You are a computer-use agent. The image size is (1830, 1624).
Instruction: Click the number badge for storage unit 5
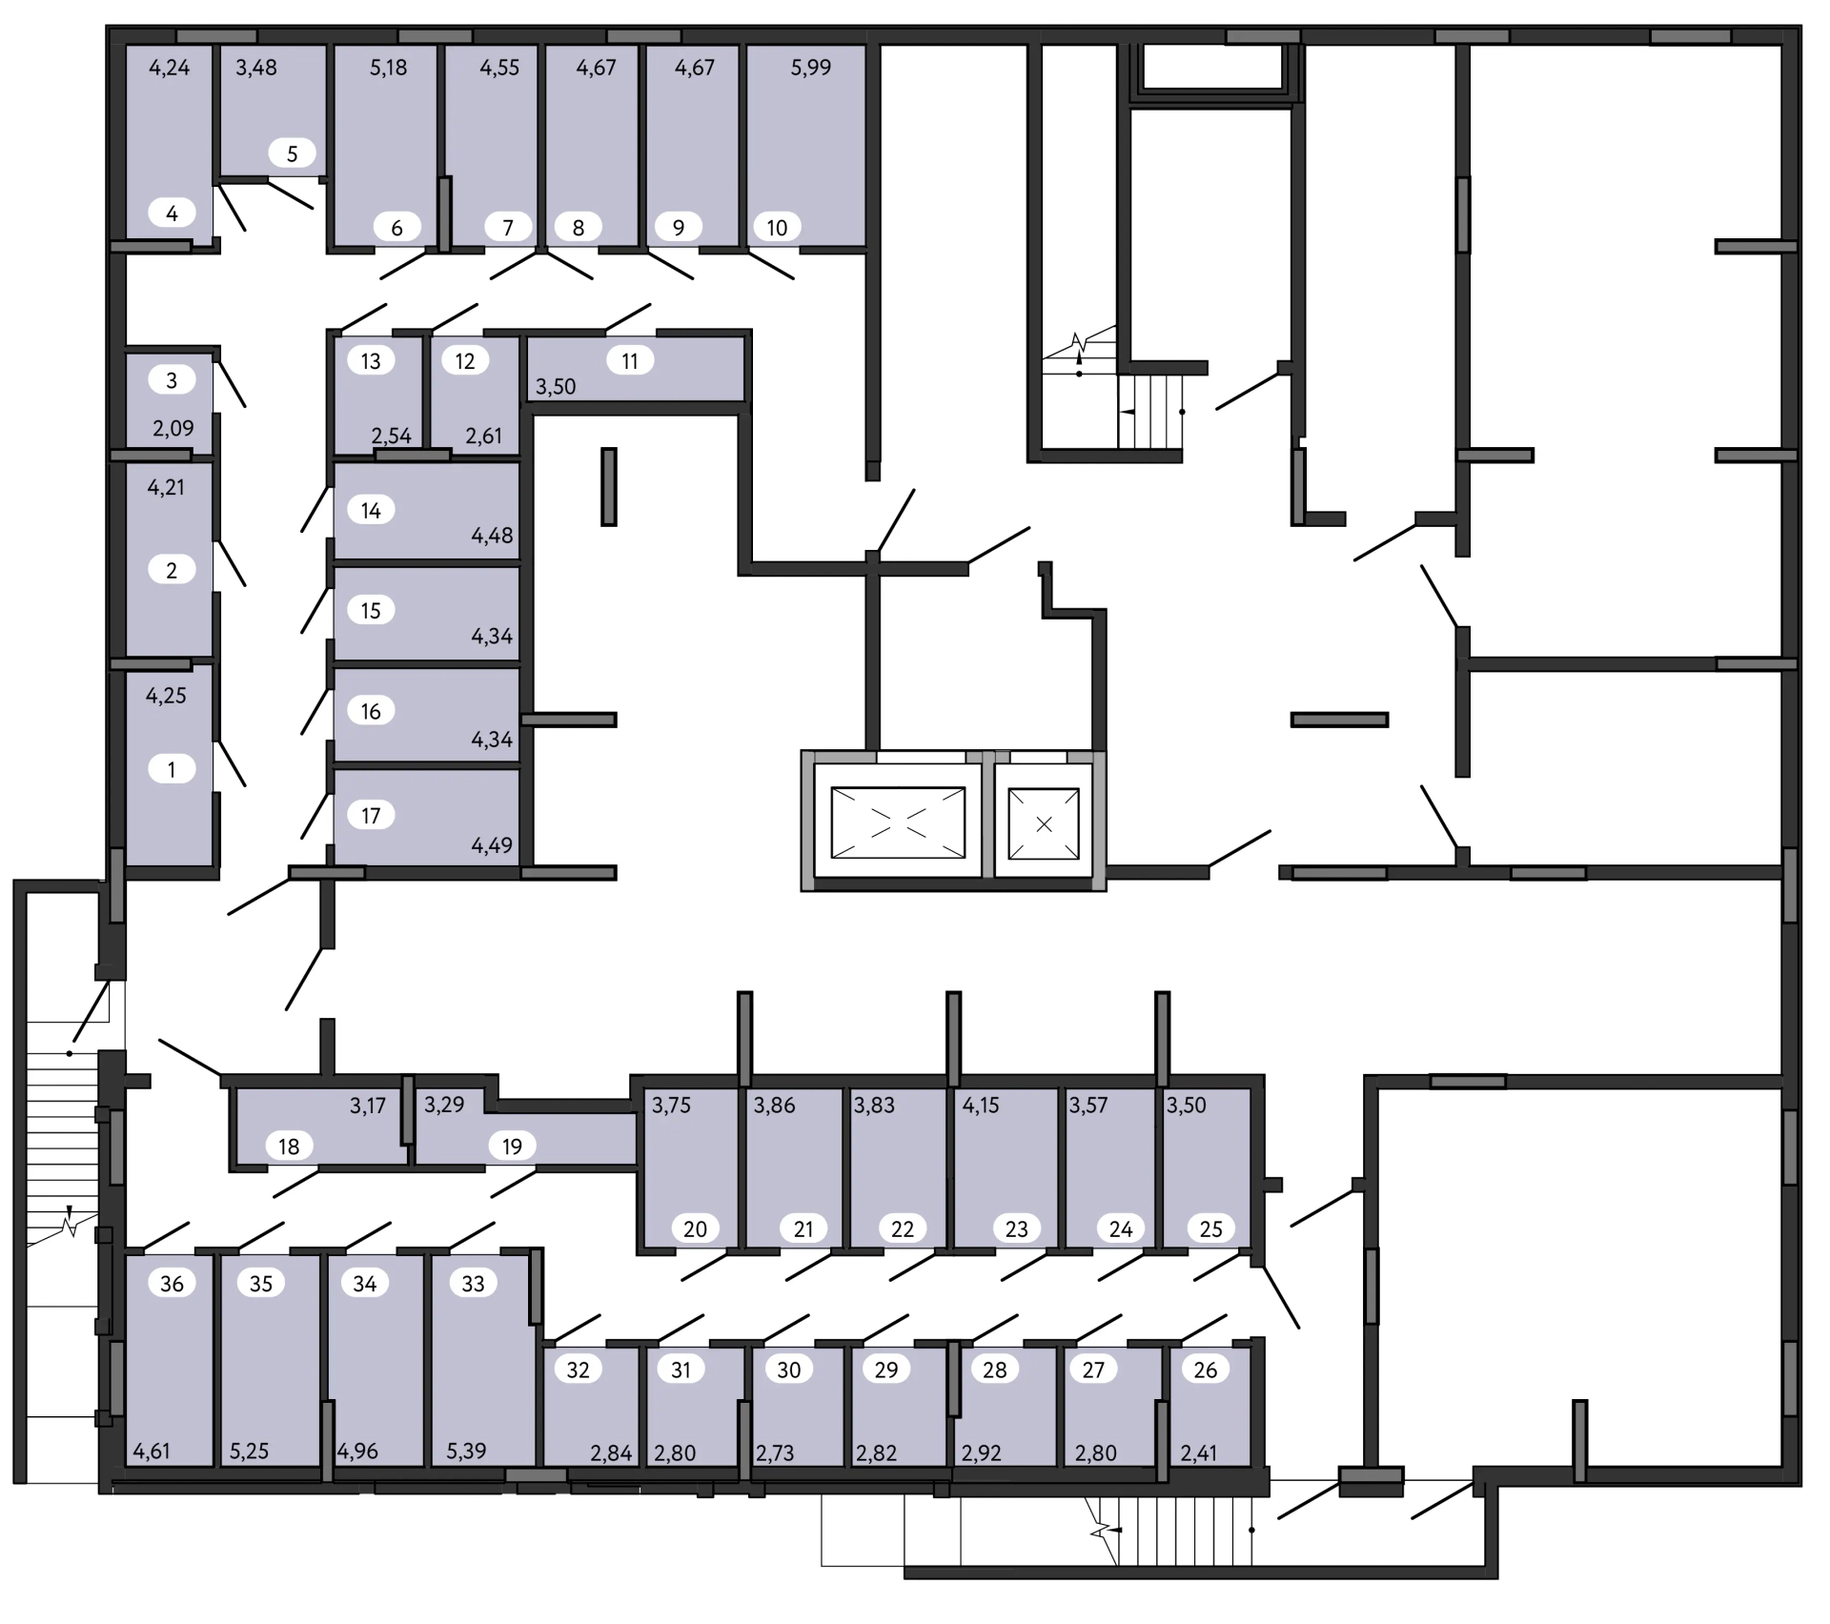pyautogui.click(x=293, y=153)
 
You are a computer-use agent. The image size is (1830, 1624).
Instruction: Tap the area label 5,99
pyautogui.click(x=811, y=68)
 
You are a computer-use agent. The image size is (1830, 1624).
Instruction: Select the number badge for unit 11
pyautogui.click(x=630, y=361)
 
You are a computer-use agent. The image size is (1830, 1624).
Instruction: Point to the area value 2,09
pyautogui.click(x=173, y=429)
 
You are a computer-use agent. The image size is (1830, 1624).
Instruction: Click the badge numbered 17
pyautogui.click(x=371, y=816)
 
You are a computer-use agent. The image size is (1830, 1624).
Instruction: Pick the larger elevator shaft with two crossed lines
pyautogui.click(x=898, y=822)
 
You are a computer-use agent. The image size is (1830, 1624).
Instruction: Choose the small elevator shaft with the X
pyautogui.click(x=1044, y=823)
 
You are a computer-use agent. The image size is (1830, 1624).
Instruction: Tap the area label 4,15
pyautogui.click(x=981, y=1106)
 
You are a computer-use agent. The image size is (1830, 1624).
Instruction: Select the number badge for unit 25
pyautogui.click(x=1211, y=1229)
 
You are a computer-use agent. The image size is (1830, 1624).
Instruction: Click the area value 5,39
pyautogui.click(x=466, y=1451)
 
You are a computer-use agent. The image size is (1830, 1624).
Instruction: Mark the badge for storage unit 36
pyautogui.click(x=172, y=1284)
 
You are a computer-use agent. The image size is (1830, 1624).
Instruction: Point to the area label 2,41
pyautogui.click(x=1200, y=1453)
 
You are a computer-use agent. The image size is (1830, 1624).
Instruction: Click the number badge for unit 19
pyautogui.click(x=512, y=1147)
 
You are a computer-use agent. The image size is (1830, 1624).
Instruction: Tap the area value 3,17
pyautogui.click(x=368, y=1106)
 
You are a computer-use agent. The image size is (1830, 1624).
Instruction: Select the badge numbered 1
pyautogui.click(x=172, y=769)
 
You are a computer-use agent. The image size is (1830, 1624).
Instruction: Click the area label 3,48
pyautogui.click(x=256, y=68)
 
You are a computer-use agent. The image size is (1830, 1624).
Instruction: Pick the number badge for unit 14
pyautogui.click(x=371, y=511)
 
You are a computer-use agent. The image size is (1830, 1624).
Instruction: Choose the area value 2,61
pyautogui.click(x=484, y=436)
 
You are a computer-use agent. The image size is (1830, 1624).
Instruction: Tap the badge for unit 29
pyautogui.click(x=886, y=1370)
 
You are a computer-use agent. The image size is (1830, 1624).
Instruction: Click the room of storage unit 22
pyautogui.click(x=898, y=1167)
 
